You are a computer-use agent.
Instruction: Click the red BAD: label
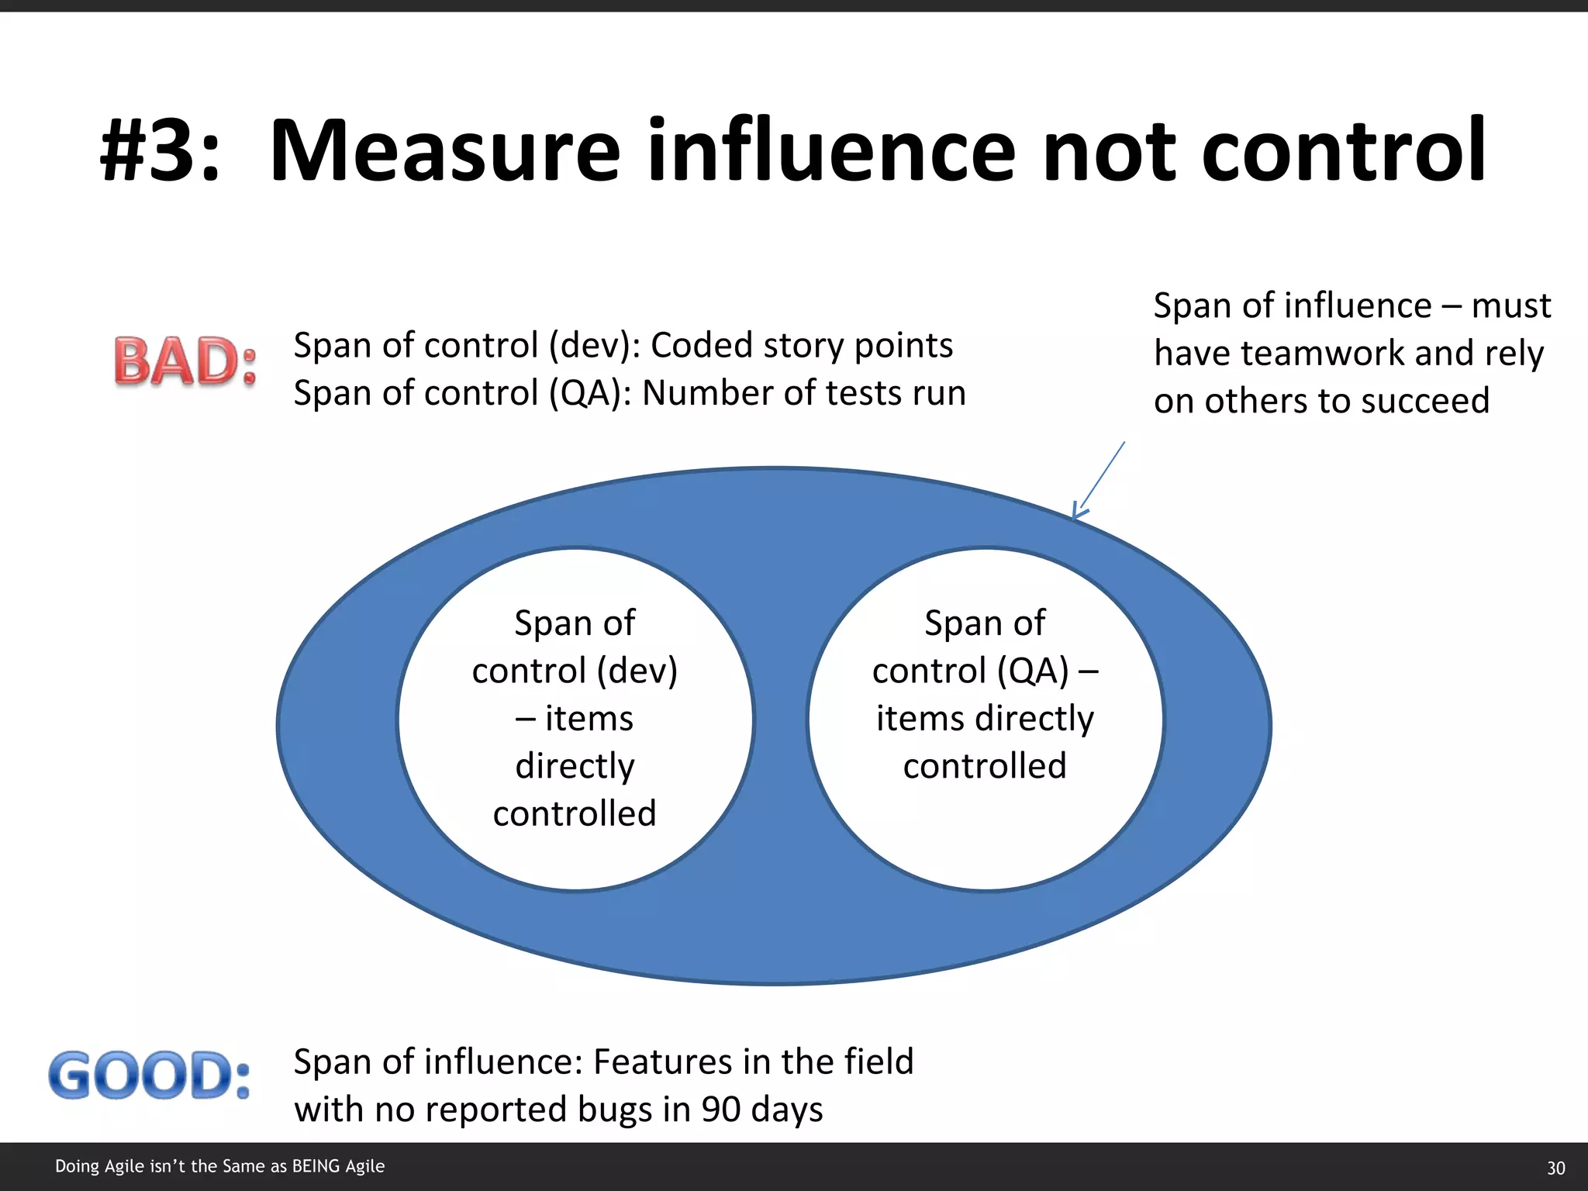[185, 361]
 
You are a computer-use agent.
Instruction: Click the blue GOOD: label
[150, 1076]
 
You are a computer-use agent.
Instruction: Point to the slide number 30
[1555, 1168]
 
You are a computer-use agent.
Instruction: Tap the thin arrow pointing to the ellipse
[1099, 479]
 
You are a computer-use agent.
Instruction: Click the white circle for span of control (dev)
[575, 718]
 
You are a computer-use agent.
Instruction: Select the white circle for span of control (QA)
[985, 718]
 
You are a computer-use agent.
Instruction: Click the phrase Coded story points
[801, 346]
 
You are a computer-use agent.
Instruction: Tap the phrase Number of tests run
[803, 393]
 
